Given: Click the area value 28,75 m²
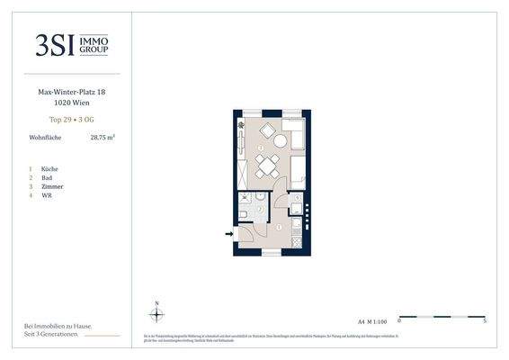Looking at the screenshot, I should [x=103, y=138].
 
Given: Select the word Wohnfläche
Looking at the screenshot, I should [x=45, y=138].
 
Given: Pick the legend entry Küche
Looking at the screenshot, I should [x=49, y=168].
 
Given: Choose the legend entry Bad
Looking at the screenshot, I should [x=46, y=177].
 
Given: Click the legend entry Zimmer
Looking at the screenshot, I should [x=50, y=186].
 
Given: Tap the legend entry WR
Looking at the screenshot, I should [x=45, y=195].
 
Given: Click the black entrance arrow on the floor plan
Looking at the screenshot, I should [x=228, y=235].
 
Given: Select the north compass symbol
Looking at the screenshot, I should [x=157, y=313].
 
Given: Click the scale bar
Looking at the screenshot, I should [x=441, y=316].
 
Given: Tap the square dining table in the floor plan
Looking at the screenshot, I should [x=266, y=165].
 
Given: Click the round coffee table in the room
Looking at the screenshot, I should [x=280, y=141].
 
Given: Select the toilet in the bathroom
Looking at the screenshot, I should [x=244, y=214].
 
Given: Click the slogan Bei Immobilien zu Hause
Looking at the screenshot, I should [x=58, y=325].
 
